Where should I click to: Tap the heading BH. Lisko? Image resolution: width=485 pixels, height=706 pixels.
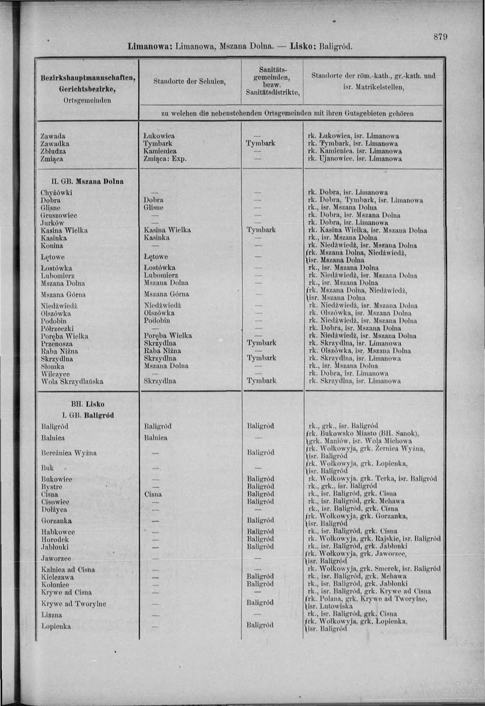(88, 404)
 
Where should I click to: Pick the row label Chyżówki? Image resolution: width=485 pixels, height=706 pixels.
(56, 193)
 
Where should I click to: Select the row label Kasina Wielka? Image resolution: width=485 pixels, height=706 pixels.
(64, 230)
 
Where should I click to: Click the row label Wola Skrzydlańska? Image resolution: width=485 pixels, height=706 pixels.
(72, 381)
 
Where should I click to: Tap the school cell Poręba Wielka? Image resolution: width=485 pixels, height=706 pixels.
(168, 336)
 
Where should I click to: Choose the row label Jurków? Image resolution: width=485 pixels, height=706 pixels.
(52, 223)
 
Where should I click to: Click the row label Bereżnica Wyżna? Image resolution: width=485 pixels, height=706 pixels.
(69, 453)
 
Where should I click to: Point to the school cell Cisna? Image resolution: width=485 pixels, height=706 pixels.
(153, 494)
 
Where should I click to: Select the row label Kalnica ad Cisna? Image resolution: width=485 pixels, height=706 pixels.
(68, 570)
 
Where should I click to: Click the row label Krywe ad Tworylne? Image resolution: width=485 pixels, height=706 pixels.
(73, 603)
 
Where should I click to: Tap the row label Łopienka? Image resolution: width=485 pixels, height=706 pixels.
(56, 626)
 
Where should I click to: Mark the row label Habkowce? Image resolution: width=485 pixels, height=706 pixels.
(58, 532)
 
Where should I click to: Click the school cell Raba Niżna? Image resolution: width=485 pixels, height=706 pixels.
(162, 351)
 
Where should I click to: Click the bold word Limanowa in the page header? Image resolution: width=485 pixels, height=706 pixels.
(150, 46)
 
